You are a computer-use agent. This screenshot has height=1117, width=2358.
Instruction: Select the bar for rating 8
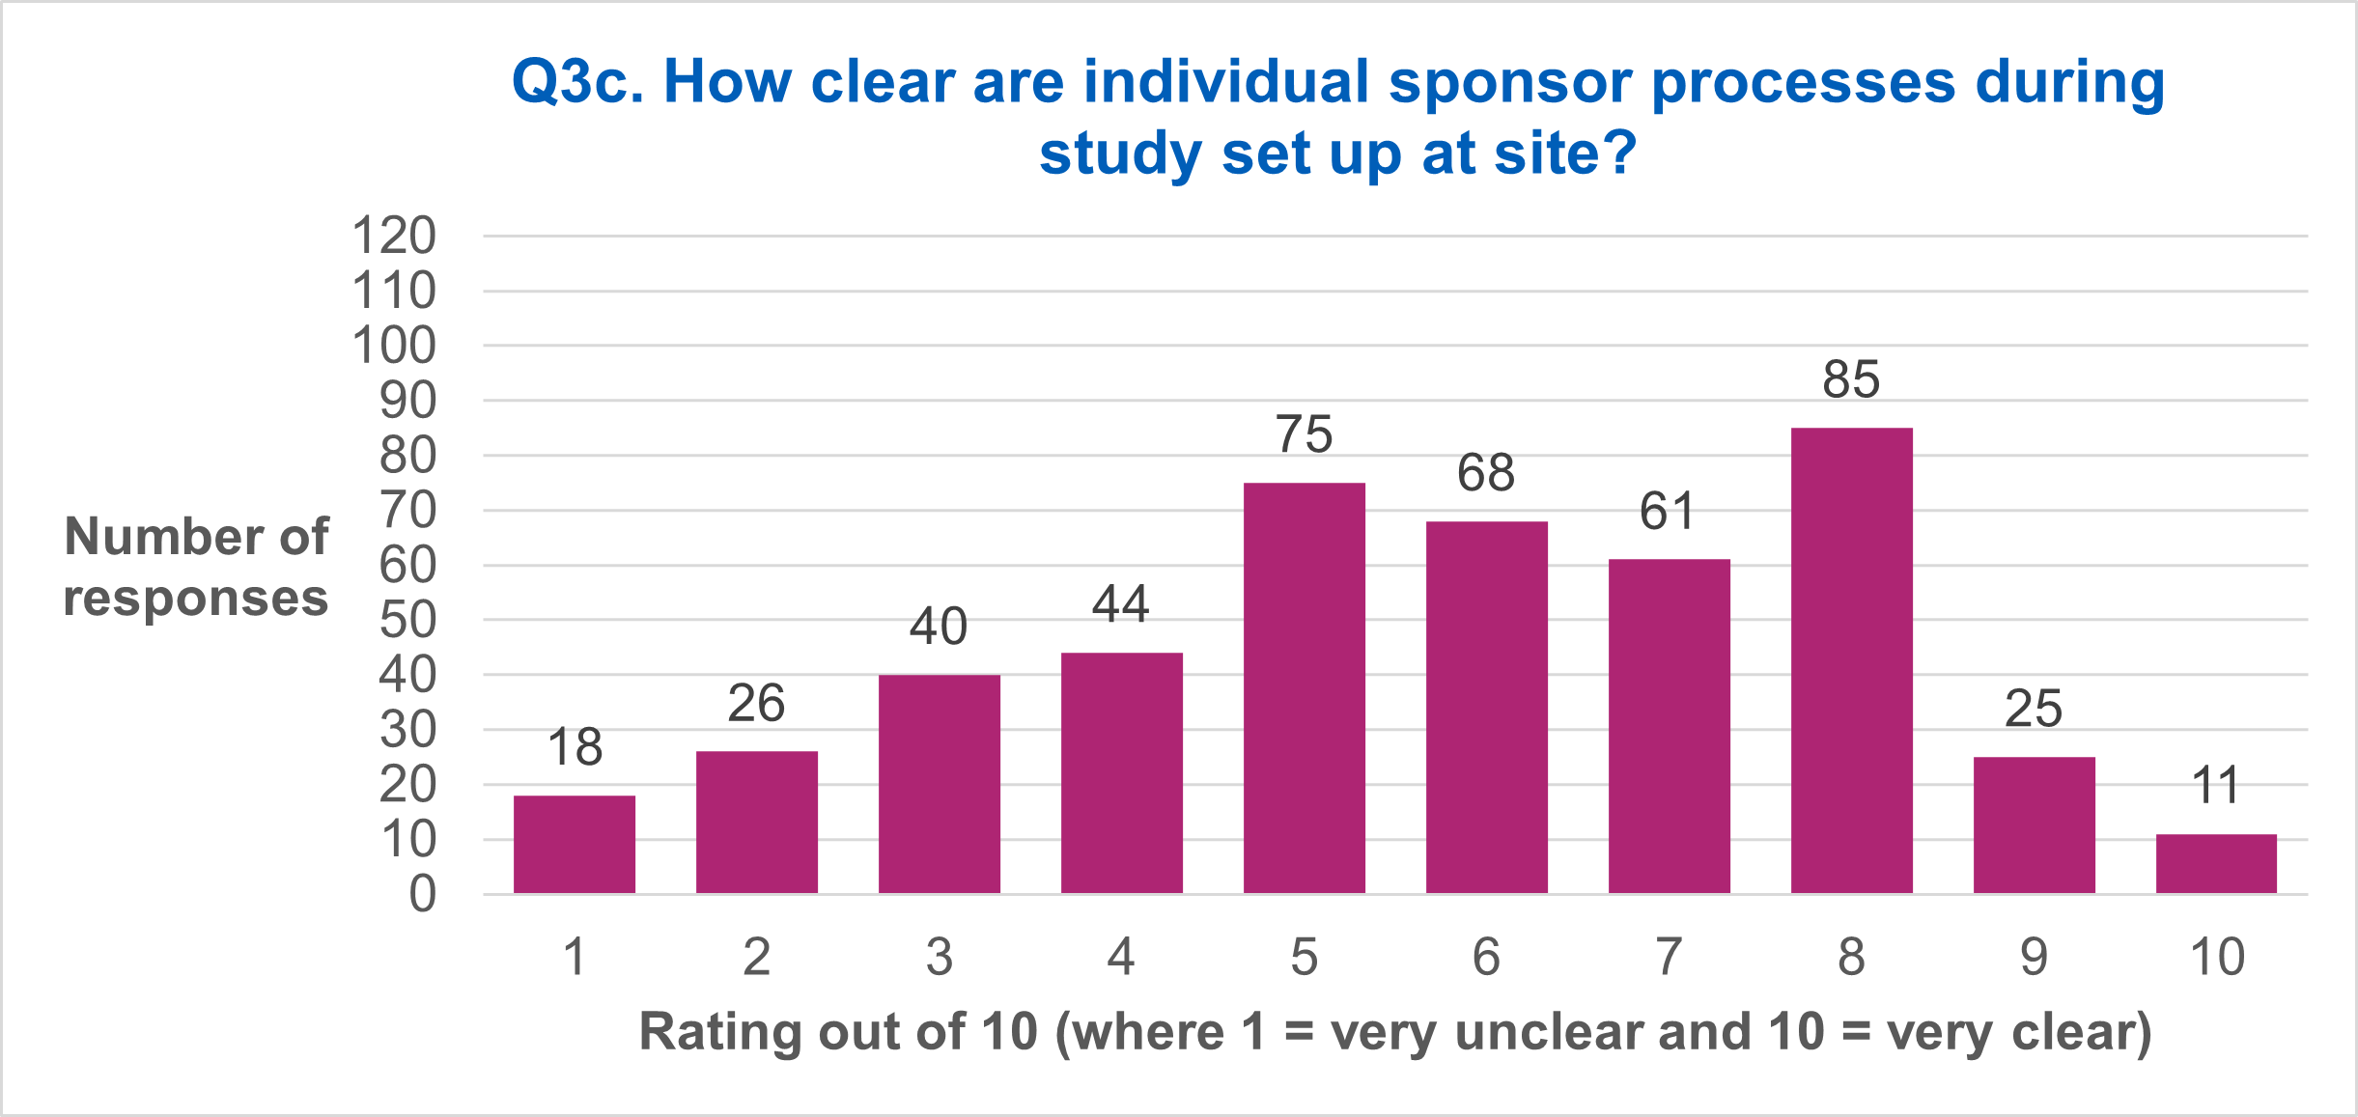coord(1851,660)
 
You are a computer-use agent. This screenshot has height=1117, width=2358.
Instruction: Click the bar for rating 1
coord(575,845)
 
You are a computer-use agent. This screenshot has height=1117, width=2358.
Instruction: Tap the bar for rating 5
coord(1304,687)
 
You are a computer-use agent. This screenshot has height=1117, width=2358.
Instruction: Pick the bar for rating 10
coord(2216,864)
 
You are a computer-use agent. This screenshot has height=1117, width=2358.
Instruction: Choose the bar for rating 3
coord(939,784)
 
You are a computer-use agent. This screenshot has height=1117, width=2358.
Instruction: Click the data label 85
coord(1851,379)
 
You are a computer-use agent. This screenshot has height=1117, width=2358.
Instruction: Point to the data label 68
coord(1486,473)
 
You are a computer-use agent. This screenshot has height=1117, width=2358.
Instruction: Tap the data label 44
coord(1121,604)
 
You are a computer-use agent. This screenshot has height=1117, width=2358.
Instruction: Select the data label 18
coord(575,747)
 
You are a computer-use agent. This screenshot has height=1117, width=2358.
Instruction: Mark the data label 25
coord(2034,710)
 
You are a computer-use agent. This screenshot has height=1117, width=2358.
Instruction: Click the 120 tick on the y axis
coord(394,236)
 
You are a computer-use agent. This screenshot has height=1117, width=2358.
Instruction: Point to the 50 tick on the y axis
coord(407,621)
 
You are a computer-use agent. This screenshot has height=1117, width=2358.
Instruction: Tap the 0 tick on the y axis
coord(422,895)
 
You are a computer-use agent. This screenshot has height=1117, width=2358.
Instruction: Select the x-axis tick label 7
coord(1669,957)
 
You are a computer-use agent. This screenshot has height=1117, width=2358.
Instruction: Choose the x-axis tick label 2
coord(756,957)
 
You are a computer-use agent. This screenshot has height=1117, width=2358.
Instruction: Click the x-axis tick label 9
coord(2034,957)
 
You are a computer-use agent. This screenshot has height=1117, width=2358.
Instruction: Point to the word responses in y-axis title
coord(196,599)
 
